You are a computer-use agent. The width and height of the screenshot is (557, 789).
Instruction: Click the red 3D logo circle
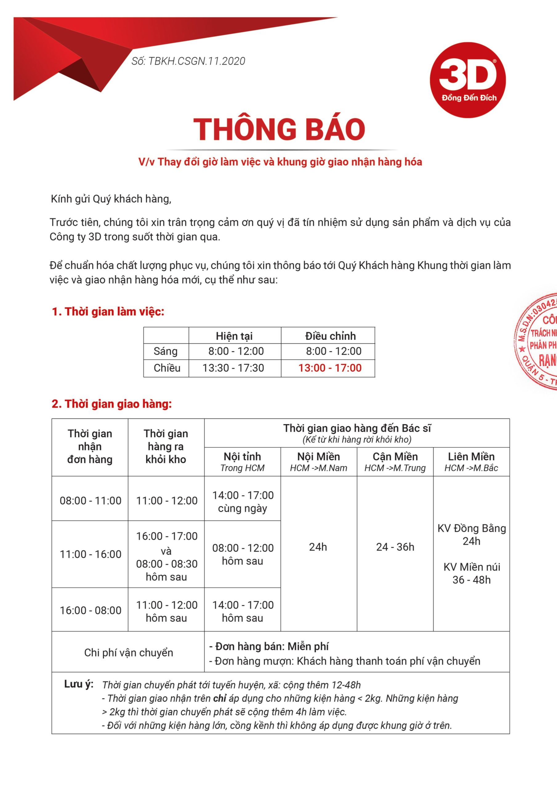point(468,80)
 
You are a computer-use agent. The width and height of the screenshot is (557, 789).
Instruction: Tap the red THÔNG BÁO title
point(279,129)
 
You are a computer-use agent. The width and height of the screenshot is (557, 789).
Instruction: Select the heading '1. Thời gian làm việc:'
point(108,312)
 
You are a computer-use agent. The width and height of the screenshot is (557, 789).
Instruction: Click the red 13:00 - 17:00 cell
point(330,368)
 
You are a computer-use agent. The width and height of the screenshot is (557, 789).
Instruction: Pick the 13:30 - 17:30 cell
point(233,368)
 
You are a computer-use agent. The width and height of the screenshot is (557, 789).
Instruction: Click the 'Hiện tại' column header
point(234,336)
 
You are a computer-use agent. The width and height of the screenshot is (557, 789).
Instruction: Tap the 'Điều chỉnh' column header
point(330,336)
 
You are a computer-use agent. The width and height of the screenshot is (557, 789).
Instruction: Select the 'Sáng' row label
point(166,351)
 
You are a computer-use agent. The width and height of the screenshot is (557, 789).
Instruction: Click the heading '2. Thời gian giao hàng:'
point(111,404)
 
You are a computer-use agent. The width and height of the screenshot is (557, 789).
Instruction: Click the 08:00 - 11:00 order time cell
point(90,501)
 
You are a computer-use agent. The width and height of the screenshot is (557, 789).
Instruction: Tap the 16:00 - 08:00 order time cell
point(90,610)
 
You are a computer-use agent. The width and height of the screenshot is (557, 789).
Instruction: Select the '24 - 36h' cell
point(395,547)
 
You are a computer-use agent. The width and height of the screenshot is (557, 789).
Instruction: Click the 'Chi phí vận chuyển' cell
point(128,652)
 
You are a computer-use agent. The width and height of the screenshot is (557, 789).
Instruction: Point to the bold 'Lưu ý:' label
point(79,684)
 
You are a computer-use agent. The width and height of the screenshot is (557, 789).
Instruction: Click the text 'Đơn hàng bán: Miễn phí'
point(272,646)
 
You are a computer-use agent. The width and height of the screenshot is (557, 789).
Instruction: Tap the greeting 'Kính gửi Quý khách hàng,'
point(111,199)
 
